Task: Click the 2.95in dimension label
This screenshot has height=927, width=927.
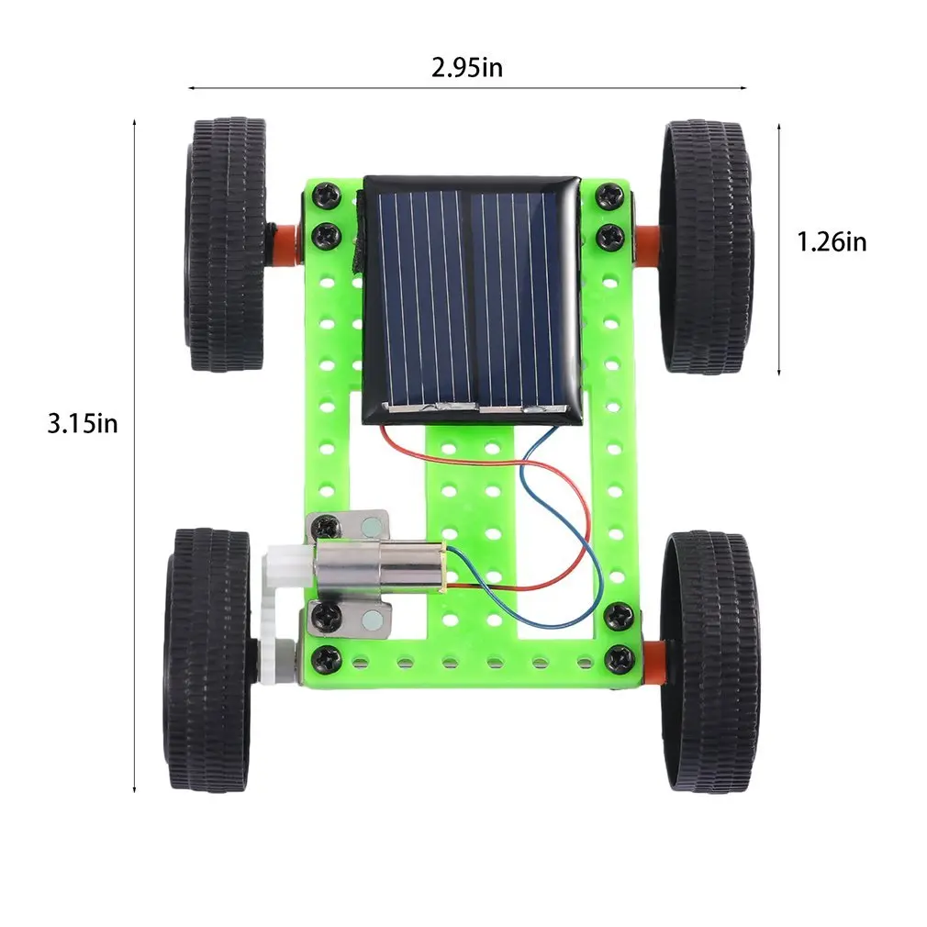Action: tap(467, 67)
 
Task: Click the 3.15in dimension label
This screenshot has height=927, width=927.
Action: tap(83, 423)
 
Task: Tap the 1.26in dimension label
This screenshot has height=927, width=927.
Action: tap(831, 241)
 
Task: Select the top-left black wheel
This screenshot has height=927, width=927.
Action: tap(228, 243)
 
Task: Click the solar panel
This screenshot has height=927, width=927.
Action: tap(471, 298)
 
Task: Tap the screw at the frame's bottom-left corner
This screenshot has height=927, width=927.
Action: tap(325, 657)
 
